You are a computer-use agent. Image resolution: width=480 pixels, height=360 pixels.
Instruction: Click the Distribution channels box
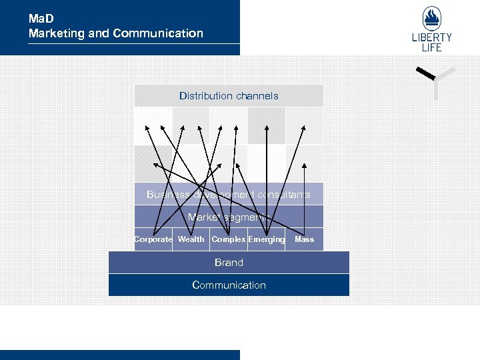coord(229,95)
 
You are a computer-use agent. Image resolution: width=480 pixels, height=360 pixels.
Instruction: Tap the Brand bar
coord(229,263)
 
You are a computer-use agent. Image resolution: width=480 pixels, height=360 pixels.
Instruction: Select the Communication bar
coord(229,285)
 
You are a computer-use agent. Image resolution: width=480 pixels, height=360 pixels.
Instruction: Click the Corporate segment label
coord(153,239)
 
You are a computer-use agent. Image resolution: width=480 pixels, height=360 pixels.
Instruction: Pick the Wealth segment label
coord(191,239)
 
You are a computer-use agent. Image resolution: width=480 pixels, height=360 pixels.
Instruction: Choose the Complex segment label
coord(229,239)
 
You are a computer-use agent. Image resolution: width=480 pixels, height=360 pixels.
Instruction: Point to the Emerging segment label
coord(267,239)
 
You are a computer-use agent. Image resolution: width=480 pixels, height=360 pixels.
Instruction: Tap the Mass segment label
coord(304,239)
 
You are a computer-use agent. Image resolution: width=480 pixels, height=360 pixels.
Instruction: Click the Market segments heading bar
coord(229,217)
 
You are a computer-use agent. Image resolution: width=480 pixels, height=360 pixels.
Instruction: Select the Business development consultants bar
coord(229,195)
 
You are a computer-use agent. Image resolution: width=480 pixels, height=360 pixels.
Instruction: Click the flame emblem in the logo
coord(431,18)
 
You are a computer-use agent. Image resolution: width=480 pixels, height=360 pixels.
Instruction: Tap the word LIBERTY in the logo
coord(431,38)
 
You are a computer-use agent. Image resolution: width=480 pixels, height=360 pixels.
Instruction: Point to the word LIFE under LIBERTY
coord(431,47)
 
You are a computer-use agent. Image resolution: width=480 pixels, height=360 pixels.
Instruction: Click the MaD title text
coord(41,19)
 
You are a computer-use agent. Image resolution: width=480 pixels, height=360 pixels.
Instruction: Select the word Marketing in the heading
coord(56,33)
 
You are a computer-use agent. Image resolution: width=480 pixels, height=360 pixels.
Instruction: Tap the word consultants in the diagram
coord(287,195)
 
